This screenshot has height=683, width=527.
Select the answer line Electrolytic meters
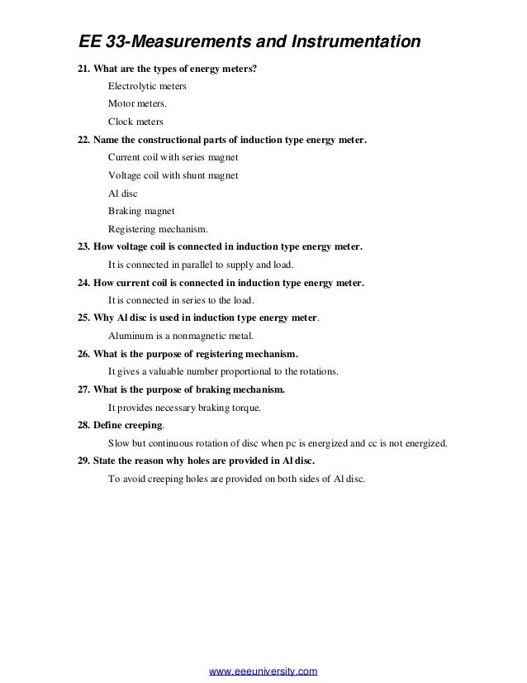pos(147,86)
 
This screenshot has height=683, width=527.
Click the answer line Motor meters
pos(137,104)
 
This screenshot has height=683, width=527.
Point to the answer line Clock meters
pos(135,122)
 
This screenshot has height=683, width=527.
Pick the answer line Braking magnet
pos(141,211)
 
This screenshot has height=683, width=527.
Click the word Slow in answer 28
pos(120,443)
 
